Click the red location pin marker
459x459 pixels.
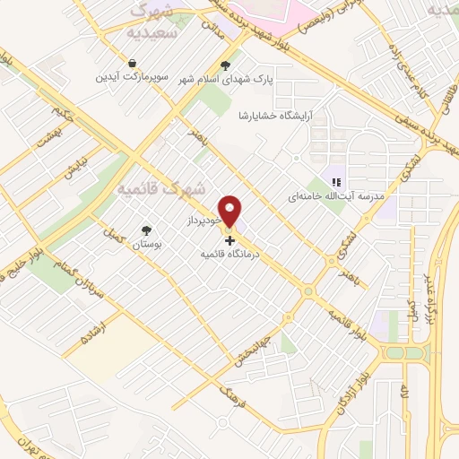[231, 211]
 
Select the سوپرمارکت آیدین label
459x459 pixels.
[133, 77]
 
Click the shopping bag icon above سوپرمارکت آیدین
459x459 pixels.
[133, 64]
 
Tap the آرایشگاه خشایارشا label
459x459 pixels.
[279, 117]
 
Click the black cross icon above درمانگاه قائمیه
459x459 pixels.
[230, 240]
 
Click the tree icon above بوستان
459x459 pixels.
[146, 230]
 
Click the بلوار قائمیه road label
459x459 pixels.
[348, 326]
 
